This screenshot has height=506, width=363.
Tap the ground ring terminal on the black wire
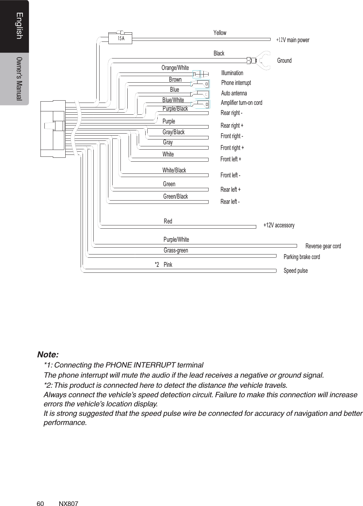point(263,60)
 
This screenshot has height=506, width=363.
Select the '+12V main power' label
point(292,40)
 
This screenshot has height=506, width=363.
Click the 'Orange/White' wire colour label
point(175,68)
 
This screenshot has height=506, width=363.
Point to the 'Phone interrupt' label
point(236,83)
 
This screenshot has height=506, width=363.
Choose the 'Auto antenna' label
point(234,93)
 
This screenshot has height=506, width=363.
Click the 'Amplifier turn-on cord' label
point(241,103)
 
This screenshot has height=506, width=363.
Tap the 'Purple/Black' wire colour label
point(175,109)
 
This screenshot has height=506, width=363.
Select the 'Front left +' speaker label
point(231,159)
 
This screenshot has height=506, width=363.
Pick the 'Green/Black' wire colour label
point(175,196)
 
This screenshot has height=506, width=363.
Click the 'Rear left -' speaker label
point(230,202)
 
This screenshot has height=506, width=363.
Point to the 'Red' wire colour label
point(168,221)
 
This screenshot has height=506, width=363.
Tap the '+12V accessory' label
point(279,225)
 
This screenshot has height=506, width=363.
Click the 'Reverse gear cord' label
point(323,246)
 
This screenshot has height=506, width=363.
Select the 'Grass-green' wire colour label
point(176,251)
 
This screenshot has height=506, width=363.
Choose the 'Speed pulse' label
point(295,271)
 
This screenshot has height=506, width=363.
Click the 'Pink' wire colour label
point(168,265)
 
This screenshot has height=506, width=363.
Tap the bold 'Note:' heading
point(48,354)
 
